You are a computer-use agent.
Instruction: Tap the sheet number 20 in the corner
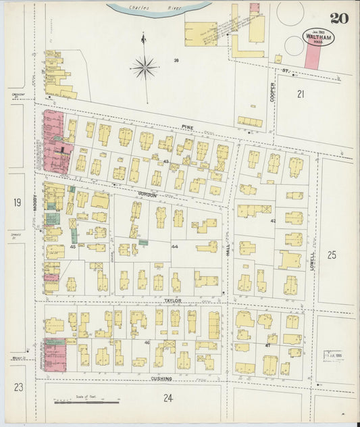(x=339, y=18)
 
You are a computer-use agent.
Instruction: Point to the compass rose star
(x=145, y=67)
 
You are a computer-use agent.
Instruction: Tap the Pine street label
(x=187, y=126)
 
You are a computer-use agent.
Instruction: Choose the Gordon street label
(x=147, y=195)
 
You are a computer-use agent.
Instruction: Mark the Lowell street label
(x=312, y=258)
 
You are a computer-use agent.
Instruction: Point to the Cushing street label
(x=162, y=379)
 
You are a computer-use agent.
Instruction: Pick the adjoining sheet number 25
(x=331, y=255)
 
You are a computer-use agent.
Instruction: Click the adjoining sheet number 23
(x=18, y=387)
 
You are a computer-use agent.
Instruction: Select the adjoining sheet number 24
(x=168, y=398)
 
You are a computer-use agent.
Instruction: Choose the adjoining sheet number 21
(x=301, y=95)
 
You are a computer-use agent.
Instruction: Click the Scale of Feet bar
(x=86, y=403)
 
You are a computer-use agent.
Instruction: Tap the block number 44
(x=174, y=247)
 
